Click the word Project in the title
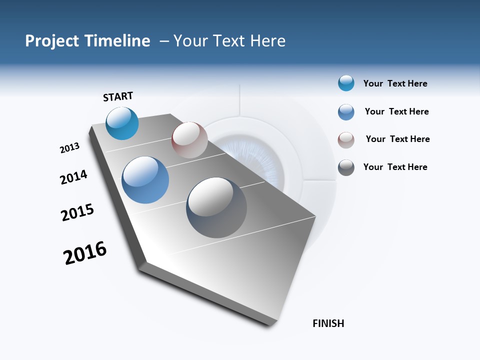(x=51, y=41)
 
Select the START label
(x=118, y=96)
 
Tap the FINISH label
(x=328, y=323)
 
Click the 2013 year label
(x=69, y=148)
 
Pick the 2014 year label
(x=73, y=177)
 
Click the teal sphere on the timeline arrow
(x=122, y=123)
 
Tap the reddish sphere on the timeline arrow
(x=189, y=140)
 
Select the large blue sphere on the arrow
(x=145, y=180)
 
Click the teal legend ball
(x=346, y=83)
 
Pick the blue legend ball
(x=346, y=112)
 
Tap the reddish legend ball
(x=346, y=140)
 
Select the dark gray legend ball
(x=346, y=167)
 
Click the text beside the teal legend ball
(x=395, y=83)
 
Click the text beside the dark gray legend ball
(x=395, y=167)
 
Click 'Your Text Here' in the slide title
(x=229, y=41)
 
